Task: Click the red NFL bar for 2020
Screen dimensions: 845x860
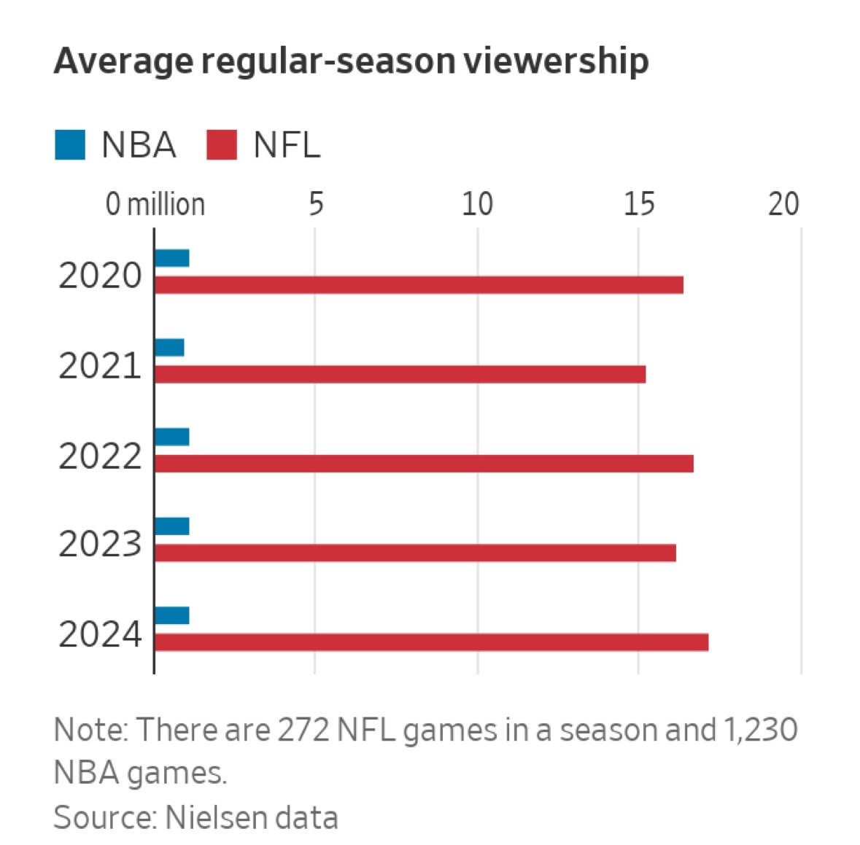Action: point(419,285)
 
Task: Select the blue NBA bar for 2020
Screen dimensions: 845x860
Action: point(172,258)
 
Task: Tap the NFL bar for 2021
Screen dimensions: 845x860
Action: point(400,374)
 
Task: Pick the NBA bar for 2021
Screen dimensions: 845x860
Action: point(169,348)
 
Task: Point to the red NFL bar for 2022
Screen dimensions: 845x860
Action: point(424,464)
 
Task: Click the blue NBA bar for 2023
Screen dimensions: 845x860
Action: point(172,526)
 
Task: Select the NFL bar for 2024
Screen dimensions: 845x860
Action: point(431,642)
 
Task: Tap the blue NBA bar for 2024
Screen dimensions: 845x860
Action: point(172,615)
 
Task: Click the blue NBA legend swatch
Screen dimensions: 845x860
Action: point(70,144)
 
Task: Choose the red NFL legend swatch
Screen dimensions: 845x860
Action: point(222,144)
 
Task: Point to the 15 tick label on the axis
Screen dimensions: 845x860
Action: point(639,204)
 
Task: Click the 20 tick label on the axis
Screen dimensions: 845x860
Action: point(784,204)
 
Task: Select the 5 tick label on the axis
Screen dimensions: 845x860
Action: point(315,204)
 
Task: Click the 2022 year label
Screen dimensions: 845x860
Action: point(100,456)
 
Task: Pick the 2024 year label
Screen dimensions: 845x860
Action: point(100,634)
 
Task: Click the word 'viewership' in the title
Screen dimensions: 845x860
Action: point(555,61)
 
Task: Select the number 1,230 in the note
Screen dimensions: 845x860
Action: point(759,730)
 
